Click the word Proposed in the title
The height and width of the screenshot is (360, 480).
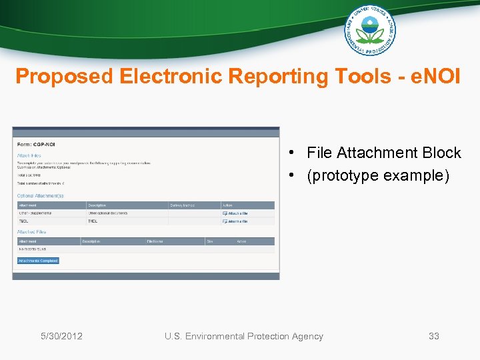point(65,77)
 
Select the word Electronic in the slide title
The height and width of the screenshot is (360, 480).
point(171,77)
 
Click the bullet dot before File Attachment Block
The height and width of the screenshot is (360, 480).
point(293,153)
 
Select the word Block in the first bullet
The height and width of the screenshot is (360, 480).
point(441,153)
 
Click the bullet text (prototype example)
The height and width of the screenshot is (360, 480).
point(379,175)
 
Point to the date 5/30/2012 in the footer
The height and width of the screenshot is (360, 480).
point(61,336)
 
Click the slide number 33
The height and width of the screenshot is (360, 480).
point(433,336)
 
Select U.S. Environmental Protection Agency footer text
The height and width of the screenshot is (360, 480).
point(243,336)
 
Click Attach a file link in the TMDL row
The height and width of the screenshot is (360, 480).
point(237,221)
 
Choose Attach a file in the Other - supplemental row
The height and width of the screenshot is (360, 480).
point(237,213)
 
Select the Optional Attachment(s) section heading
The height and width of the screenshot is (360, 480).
point(41,196)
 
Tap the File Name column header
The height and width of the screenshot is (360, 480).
point(155,241)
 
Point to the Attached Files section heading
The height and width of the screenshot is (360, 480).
point(32,232)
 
